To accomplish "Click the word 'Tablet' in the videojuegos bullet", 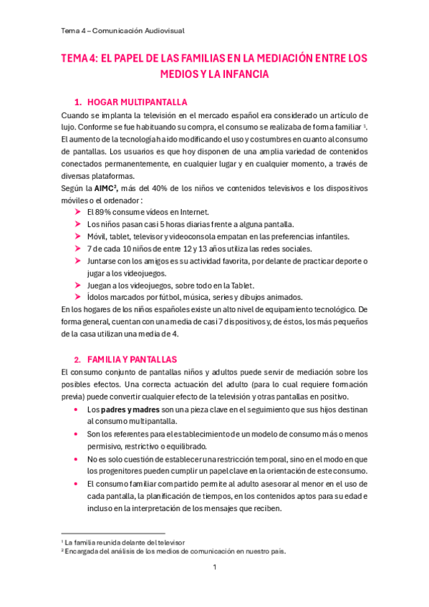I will click(239, 285).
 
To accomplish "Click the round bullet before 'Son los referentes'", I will click(77, 434).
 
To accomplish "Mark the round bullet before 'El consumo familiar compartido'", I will click(77, 484).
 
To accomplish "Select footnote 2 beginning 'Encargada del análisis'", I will click(175, 551).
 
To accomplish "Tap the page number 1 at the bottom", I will click(214, 568).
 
